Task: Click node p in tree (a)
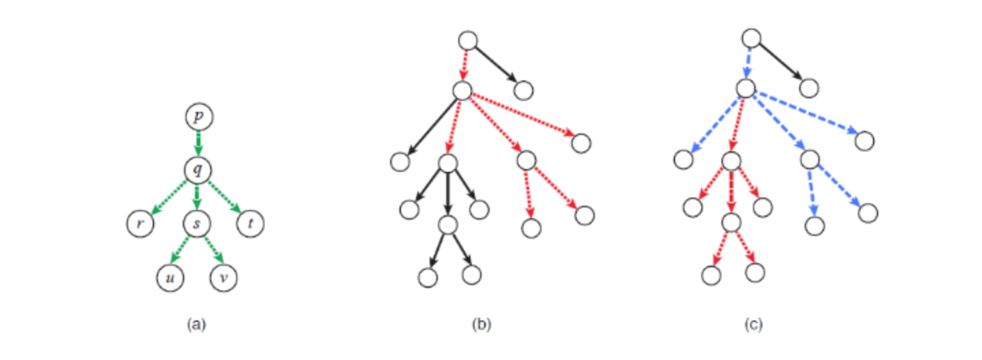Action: pos(199,117)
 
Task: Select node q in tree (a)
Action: pos(198,170)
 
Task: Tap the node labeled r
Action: pos(140,223)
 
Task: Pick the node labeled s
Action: pos(197,223)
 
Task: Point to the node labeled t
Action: pos(250,223)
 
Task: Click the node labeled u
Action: pos(170,277)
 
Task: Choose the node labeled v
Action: pos(224,277)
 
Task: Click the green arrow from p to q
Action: pos(198,143)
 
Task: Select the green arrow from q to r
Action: pos(169,197)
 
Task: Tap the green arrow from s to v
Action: pos(214,250)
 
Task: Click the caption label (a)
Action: pos(196,325)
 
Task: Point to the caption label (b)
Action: pos(481,325)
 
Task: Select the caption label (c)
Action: pos(754,325)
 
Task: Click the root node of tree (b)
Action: pos(468,41)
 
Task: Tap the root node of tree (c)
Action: pos(752,39)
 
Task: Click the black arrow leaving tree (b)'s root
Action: pos(496,65)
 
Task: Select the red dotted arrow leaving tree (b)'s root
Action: pos(464,65)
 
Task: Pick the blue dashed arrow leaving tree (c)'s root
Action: pos(748,63)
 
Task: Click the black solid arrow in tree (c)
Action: pos(779,62)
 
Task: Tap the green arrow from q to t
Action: pos(224,197)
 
